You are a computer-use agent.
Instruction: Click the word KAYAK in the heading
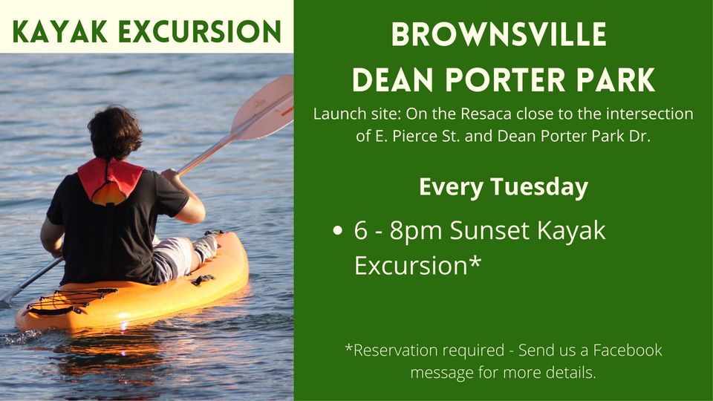60,32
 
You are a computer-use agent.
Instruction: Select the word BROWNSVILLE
499,34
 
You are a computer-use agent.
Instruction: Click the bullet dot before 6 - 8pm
337,230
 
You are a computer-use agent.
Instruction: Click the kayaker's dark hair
114,132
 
